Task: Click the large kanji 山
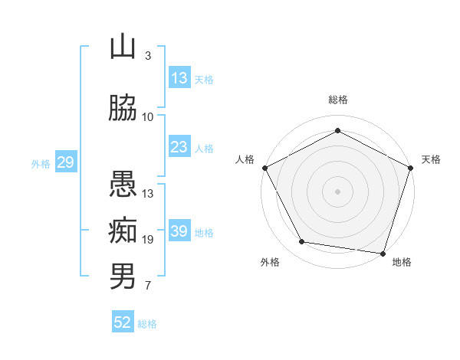pyautogui.click(x=123, y=46)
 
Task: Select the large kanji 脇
pyautogui.click(x=123, y=107)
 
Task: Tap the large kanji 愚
pyautogui.click(x=123, y=184)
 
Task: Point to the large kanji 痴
pyautogui.click(x=123, y=230)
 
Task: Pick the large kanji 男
pyautogui.click(x=123, y=276)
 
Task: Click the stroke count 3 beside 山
pyautogui.click(x=148, y=55)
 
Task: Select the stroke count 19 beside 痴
pyautogui.click(x=147, y=240)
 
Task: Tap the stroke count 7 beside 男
pyautogui.click(x=148, y=285)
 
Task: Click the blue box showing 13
pyautogui.click(x=179, y=77)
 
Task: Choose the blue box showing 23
pyautogui.click(x=179, y=146)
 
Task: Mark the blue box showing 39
pyautogui.click(x=179, y=230)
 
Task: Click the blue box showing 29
pyautogui.click(x=66, y=162)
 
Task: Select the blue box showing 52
pyautogui.click(x=123, y=321)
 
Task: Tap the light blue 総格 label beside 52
pyautogui.click(x=147, y=324)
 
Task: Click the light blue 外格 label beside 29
pyautogui.click(x=41, y=164)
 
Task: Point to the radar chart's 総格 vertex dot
pyautogui.click(x=337, y=130)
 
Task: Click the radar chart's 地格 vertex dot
pyautogui.click(x=383, y=254)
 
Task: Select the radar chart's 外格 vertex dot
pyautogui.click(x=301, y=241)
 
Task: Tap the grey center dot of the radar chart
pyautogui.click(x=337, y=191)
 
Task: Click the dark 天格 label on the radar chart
pyautogui.click(x=431, y=159)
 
